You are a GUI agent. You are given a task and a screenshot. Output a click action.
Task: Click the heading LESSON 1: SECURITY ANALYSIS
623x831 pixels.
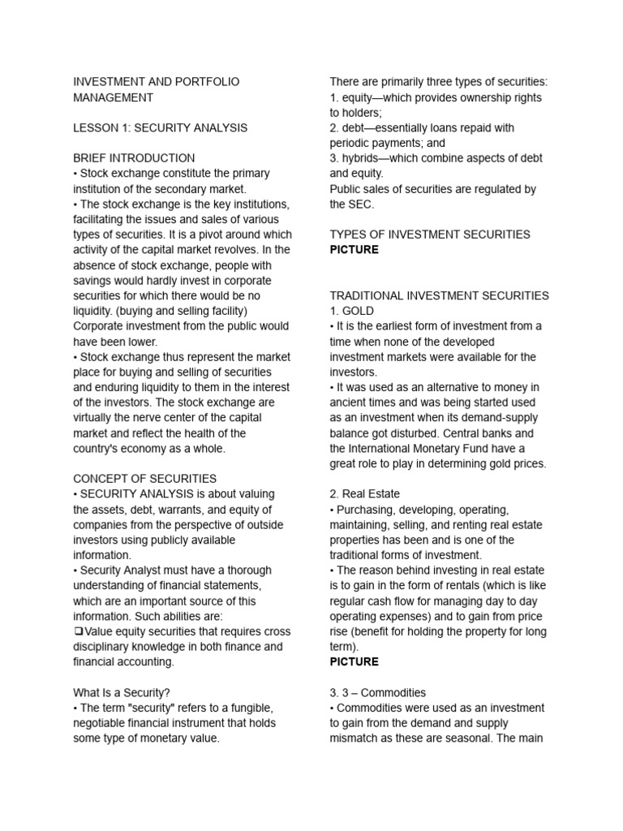[x=160, y=127]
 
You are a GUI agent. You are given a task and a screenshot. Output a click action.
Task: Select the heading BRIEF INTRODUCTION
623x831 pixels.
[x=134, y=158]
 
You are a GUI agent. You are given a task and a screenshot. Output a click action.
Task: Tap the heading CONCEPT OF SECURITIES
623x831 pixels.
[x=144, y=479]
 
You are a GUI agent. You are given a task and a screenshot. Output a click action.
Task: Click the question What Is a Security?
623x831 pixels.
[x=122, y=692]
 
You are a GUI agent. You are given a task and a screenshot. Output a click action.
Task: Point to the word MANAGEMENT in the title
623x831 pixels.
[x=113, y=97]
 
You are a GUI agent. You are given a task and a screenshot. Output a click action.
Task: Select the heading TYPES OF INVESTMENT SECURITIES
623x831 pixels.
[x=430, y=235]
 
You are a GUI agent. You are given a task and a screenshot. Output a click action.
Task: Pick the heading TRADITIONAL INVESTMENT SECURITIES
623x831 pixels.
[x=439, y=295]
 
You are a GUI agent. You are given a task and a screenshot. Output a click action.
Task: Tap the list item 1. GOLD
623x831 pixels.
[x=352, y=311]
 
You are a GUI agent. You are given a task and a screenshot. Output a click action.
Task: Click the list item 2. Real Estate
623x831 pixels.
[x=364, y=493]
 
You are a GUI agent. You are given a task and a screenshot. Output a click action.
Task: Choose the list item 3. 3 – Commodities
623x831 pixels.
[x=377, y=692]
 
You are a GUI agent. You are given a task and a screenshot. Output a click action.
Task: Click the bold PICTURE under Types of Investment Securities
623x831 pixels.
[x=354, y=249]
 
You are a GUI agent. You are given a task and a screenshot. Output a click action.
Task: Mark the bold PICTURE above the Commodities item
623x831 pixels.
[x=354, y=661]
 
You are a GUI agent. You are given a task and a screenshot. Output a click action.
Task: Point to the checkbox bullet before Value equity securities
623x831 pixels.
[x=78, y=631]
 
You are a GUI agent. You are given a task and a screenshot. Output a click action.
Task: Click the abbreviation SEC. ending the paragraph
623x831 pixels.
[x=361, y=204]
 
